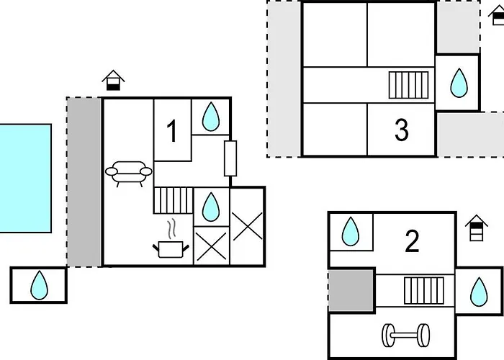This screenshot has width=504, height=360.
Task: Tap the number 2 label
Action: click(x=412, y=241)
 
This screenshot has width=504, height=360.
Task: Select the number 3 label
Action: click(x=402, y=130)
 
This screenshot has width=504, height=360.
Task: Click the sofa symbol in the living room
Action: click(x=129, y=174)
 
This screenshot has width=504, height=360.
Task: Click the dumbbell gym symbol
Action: click(x=405, y=336)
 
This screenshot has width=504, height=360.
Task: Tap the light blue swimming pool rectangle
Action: click(x=25, y=178)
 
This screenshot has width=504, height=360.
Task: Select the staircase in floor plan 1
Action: click(x=174, y=200)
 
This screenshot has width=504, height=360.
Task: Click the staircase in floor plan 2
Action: click(x=424, y=291)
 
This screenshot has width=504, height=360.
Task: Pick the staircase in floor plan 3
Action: click(x=408, y=85)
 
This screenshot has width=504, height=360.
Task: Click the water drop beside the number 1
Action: click(x=211, y=117)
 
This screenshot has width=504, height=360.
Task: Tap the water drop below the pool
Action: click(x=39, y=285)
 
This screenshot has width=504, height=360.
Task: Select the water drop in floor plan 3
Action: click(x=459, y=83)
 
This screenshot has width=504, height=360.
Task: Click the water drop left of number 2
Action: click(x=351, y=231)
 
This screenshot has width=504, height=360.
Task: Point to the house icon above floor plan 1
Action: click(x=113, y=80)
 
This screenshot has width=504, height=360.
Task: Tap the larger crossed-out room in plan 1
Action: click(x=248, y=227)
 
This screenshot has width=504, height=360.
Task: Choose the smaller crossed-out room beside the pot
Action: click(x=211, y=246)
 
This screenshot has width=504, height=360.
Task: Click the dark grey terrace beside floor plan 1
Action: click(x=84, y=182)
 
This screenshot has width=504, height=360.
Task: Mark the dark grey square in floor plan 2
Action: click(x=351, y=291)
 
